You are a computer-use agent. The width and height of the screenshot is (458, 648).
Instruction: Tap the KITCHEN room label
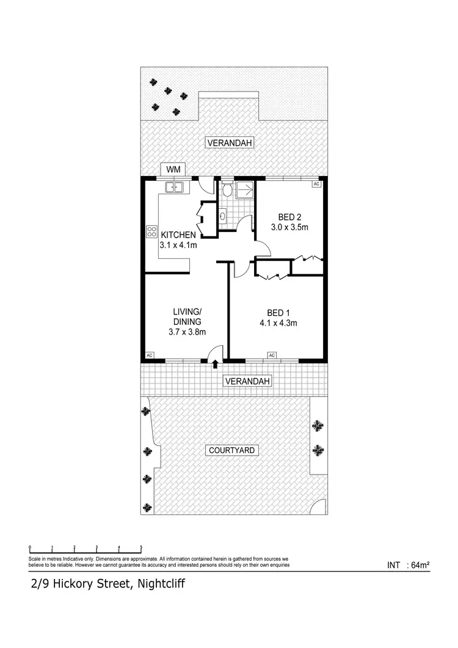click(178, 235)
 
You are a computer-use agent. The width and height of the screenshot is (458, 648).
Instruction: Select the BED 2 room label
click(289, 217)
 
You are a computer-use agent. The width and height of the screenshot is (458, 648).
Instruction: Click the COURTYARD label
click(233, 451)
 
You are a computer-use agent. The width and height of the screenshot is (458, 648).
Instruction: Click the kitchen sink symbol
click(174, 187)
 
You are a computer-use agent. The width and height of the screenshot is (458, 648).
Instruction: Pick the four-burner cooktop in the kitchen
click(151, 231)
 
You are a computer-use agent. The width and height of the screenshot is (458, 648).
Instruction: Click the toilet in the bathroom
click(227, 191)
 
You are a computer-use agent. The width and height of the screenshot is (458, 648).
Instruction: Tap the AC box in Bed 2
click(316, 183)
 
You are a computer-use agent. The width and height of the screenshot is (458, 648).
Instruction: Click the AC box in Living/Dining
click(150, 355)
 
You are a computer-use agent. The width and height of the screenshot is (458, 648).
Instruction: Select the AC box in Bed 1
click(272, 355)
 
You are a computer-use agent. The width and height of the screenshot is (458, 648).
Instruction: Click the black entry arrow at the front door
click(216, 364)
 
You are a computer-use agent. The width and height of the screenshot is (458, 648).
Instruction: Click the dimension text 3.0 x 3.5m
click(289, 227)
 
